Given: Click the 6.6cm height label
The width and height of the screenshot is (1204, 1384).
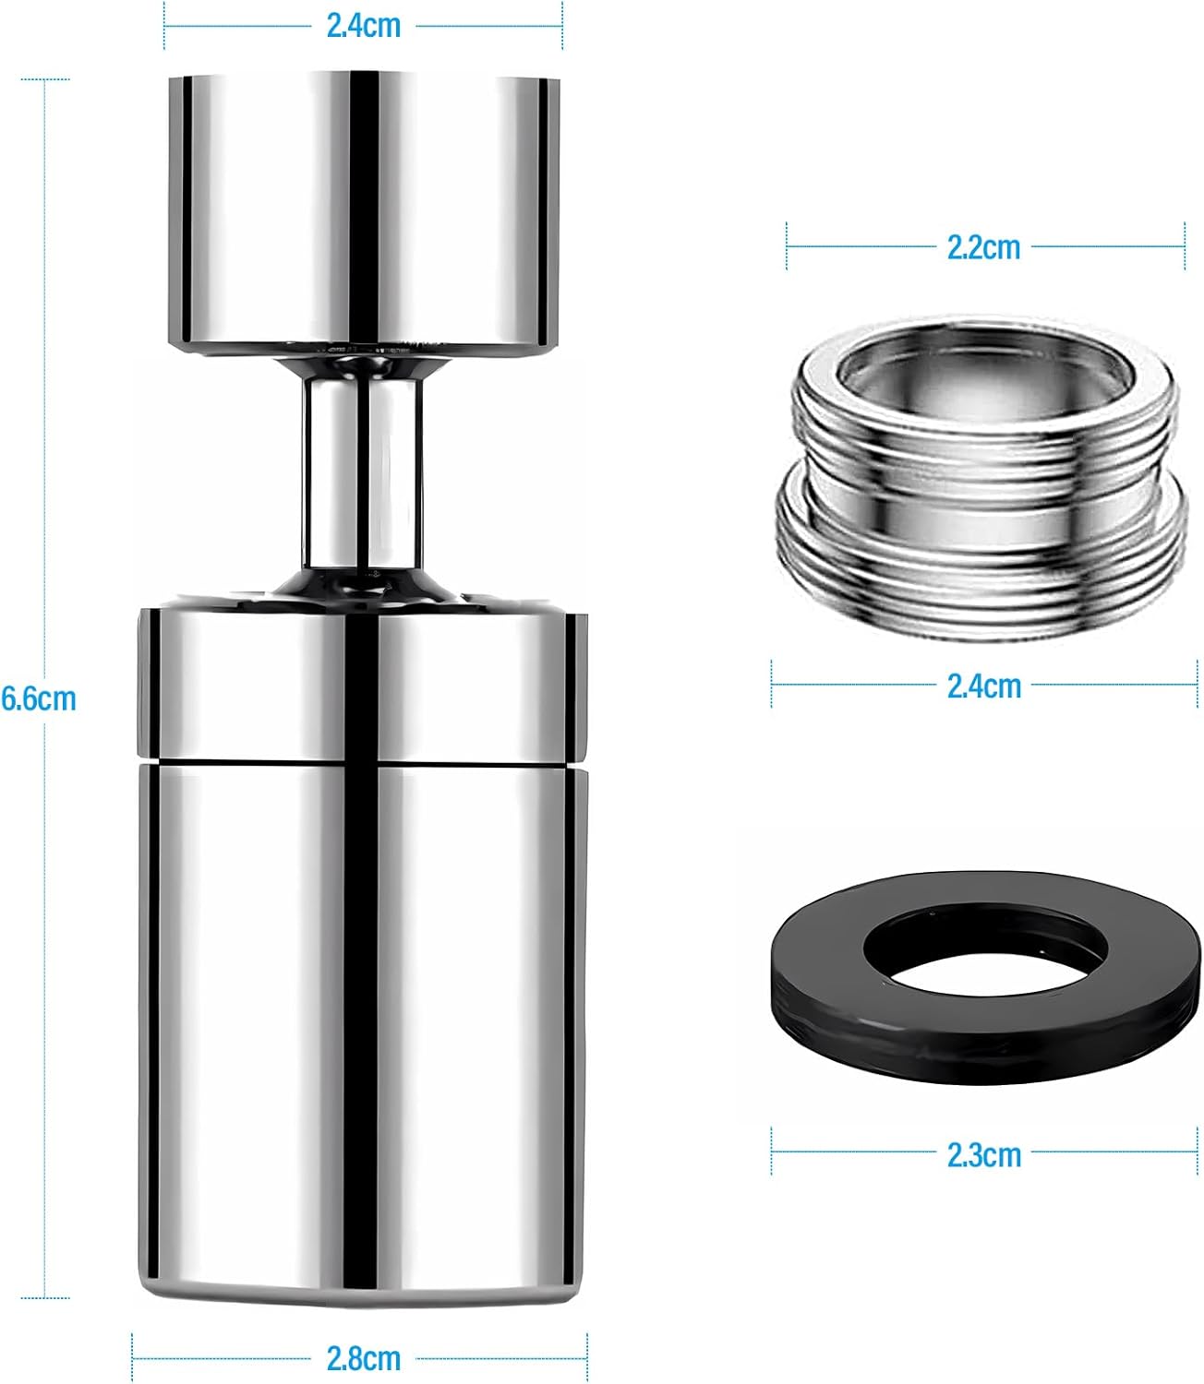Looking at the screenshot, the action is pos(39,699).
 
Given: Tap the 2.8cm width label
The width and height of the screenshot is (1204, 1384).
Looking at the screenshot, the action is pos(364,1358).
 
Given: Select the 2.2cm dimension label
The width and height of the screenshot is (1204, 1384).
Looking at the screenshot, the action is pos(983,247).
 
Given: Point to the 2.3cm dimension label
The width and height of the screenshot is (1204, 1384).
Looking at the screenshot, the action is pos(984,1155).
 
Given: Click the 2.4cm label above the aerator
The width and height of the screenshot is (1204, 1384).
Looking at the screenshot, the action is pos(364,26).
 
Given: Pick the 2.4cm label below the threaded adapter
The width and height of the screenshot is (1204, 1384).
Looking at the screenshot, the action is pos(984,686).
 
